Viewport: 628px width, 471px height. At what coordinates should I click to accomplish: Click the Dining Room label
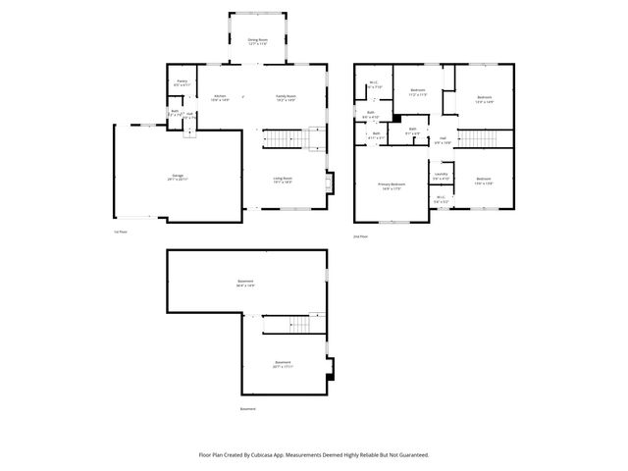257,41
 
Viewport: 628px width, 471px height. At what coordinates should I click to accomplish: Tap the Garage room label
178,177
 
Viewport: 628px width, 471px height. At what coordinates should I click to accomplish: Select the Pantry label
182,82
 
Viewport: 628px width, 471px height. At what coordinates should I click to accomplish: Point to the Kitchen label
221,97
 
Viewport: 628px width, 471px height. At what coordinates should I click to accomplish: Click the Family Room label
286,97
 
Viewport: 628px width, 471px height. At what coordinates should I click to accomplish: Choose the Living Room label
283,180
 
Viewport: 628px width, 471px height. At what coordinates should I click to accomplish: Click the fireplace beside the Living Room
331,183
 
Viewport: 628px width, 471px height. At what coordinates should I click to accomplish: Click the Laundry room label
442,177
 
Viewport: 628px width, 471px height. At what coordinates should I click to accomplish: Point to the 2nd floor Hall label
444,140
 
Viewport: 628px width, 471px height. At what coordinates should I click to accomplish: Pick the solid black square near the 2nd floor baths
396,121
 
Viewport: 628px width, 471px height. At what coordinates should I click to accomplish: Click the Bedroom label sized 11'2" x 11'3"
416,91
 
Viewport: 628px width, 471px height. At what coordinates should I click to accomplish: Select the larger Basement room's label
245,285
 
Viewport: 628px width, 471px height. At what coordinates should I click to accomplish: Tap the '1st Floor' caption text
121,232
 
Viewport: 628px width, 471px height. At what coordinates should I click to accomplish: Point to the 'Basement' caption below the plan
249,409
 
